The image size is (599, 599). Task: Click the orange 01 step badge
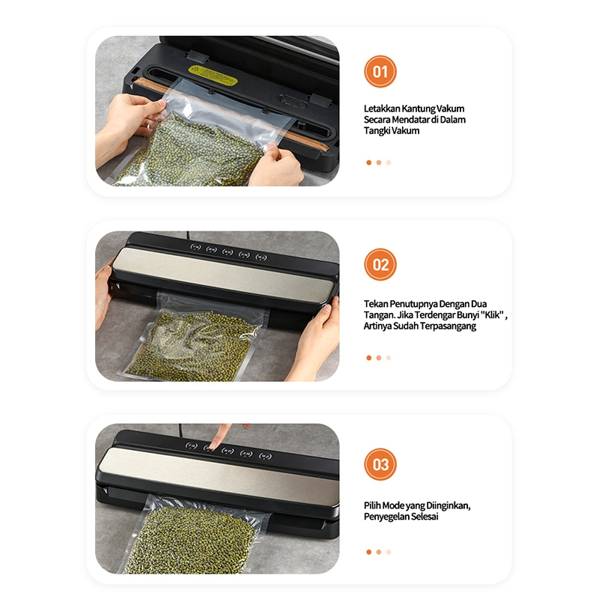(380, 71)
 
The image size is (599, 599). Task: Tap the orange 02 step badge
(380, 264)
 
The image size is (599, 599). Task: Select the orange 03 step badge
(380, 464)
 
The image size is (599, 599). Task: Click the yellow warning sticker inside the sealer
(213, 76)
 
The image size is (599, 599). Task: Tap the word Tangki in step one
(377, 130)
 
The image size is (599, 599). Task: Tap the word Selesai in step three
(425, 517)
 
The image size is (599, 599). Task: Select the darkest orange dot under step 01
(368, 162)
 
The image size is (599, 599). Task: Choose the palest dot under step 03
(389, 552)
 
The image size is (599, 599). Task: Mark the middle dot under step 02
(379, 358)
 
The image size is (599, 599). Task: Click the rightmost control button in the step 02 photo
(261, 258)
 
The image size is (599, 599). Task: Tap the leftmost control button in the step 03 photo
(192, 446)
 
